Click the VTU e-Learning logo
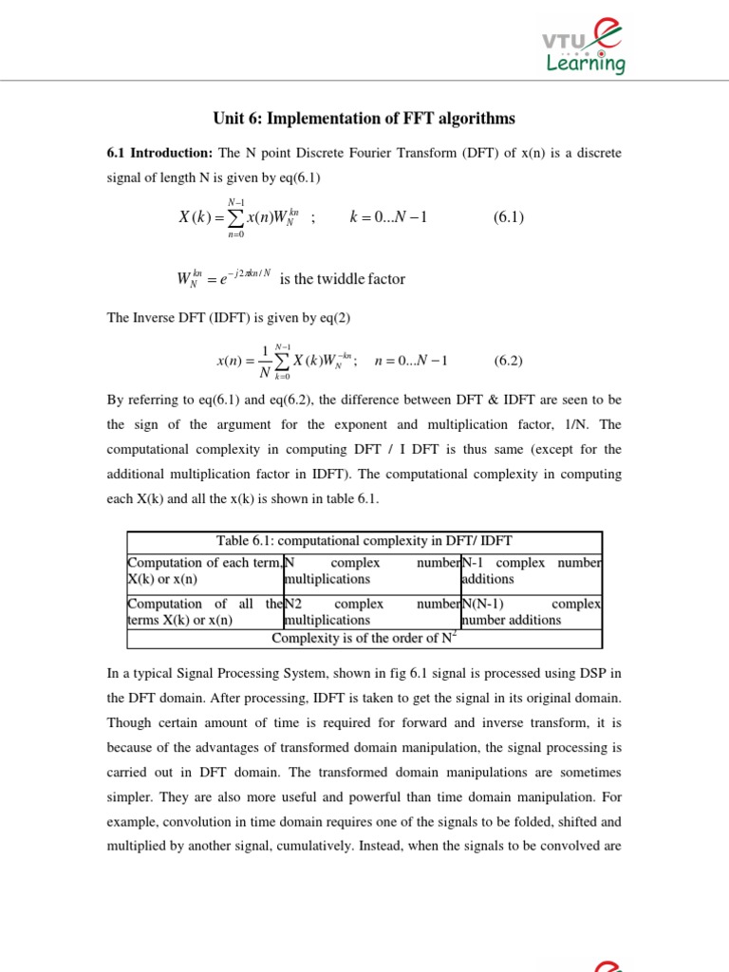(x=583, y=47)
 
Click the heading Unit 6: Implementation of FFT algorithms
(x=364, y=119)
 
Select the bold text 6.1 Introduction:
(x=159, y=152)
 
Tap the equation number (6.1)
(x=509, y=216)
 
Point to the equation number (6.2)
(x=509, y=361)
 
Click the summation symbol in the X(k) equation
(x=236, y=217)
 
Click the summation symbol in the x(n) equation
(x=281, y=362)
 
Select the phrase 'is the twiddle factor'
(x=343, y=279)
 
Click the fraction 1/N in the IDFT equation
(x=264, y=361)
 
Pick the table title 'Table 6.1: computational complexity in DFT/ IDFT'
(x=364, y=541)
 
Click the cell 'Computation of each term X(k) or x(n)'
(x=204, y=570)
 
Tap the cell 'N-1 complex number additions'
(x=531, y=570)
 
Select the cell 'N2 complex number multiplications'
(x=371, y=611)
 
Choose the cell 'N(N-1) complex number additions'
(x=531, y=611)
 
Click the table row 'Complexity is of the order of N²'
(x=364, y=638)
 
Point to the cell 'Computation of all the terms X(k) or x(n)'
(x=204, y=611)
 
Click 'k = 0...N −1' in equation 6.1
(x=388, y=216)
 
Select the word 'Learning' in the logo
(x=586, y=65)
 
